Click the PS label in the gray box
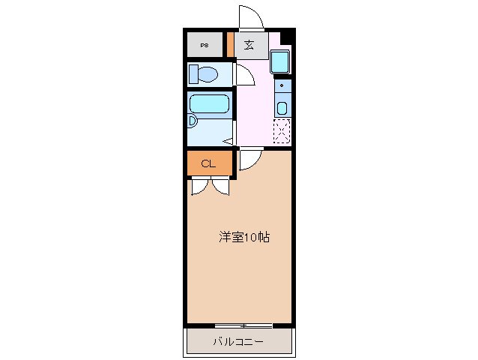[x=205, y=46]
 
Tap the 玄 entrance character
[x=248, y=45]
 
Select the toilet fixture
[x=203, y=74]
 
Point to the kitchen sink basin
[x=282, y=107]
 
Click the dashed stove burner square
[x=282, y=131]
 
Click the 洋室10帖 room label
[x=243, y=238]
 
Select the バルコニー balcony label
[x=238, y=341]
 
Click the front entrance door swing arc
[x=249, y=16]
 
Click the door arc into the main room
[x=249, y=158]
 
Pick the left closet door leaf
[x=199, y=185]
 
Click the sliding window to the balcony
[x=243, y=325]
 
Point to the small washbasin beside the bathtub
[x=192, y=121]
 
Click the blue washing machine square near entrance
[x=279, y=61]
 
